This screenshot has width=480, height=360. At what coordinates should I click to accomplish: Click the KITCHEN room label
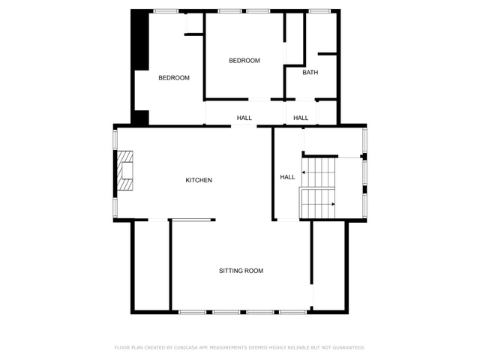[199, 180]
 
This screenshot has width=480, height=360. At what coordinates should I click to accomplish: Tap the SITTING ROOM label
[241, 271]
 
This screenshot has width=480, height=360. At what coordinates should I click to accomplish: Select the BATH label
[310, 72]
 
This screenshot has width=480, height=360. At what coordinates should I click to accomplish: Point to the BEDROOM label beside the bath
[244, 61]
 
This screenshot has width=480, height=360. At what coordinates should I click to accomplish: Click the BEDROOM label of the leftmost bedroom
[174, 78]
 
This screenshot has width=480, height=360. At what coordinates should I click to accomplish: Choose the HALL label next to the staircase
[287, 177]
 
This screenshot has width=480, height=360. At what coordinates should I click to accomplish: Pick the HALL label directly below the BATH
[301, 118]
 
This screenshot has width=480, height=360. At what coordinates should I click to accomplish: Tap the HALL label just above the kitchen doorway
[244, 118]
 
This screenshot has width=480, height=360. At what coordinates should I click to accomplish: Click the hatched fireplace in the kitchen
[125, 170]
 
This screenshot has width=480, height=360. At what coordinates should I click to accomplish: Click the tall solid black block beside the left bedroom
[140, 40]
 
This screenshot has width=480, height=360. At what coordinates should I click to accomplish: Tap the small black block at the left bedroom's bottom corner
[140, 118]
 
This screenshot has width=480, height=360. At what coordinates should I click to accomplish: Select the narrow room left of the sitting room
[151, 265]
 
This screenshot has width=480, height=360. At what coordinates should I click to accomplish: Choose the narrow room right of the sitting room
[329, 265]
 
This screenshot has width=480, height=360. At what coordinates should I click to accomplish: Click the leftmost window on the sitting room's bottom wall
[192, 312]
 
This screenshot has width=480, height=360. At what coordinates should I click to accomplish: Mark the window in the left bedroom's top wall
[166, 11]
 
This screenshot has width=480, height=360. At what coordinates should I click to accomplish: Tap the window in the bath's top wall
[319, 11]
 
